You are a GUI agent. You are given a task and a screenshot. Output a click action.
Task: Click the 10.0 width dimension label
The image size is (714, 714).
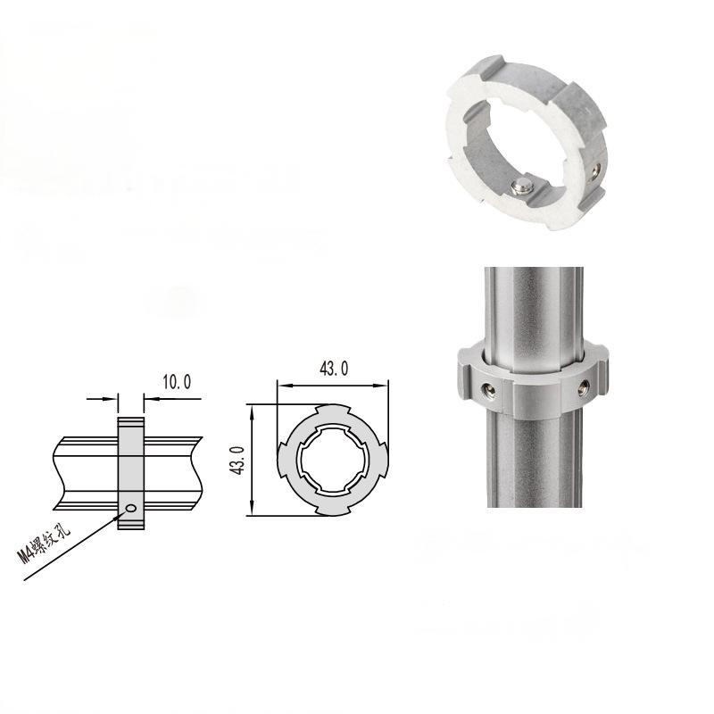(x=176, y=382)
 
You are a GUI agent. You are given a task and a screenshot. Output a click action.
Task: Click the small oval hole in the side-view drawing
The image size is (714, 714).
(x=131, y=508)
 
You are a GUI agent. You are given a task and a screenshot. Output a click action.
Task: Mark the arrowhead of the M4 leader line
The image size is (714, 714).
(x=120, y=513)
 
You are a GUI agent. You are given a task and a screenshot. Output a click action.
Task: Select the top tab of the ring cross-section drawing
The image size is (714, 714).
(x=333, y=411)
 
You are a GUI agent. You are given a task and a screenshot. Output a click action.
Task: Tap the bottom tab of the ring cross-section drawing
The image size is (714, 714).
(x=333, y=511)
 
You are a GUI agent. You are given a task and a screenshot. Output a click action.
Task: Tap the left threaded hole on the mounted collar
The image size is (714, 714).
(x=486, y=389)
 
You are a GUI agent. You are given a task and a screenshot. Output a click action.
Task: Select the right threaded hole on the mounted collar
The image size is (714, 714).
(x=581, y=388)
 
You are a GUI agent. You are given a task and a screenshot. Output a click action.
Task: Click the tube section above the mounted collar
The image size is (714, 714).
(x=533, y=303)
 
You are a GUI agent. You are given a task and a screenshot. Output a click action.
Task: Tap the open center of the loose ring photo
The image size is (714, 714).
(x=518, y=143)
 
